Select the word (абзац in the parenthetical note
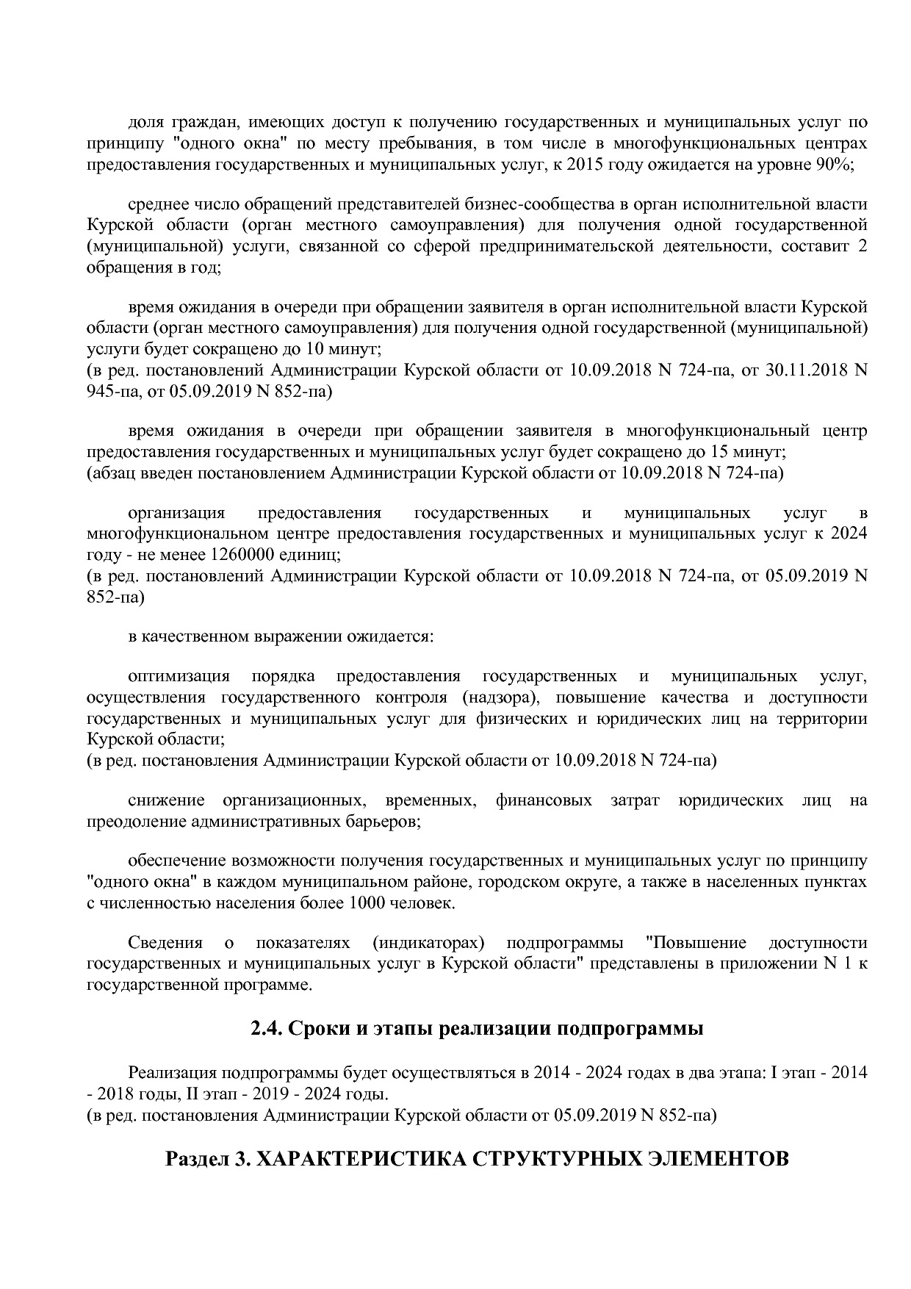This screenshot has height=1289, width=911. (111, 473)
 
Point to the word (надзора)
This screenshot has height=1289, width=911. (500, 697)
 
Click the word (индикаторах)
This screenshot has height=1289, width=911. (428, 943)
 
